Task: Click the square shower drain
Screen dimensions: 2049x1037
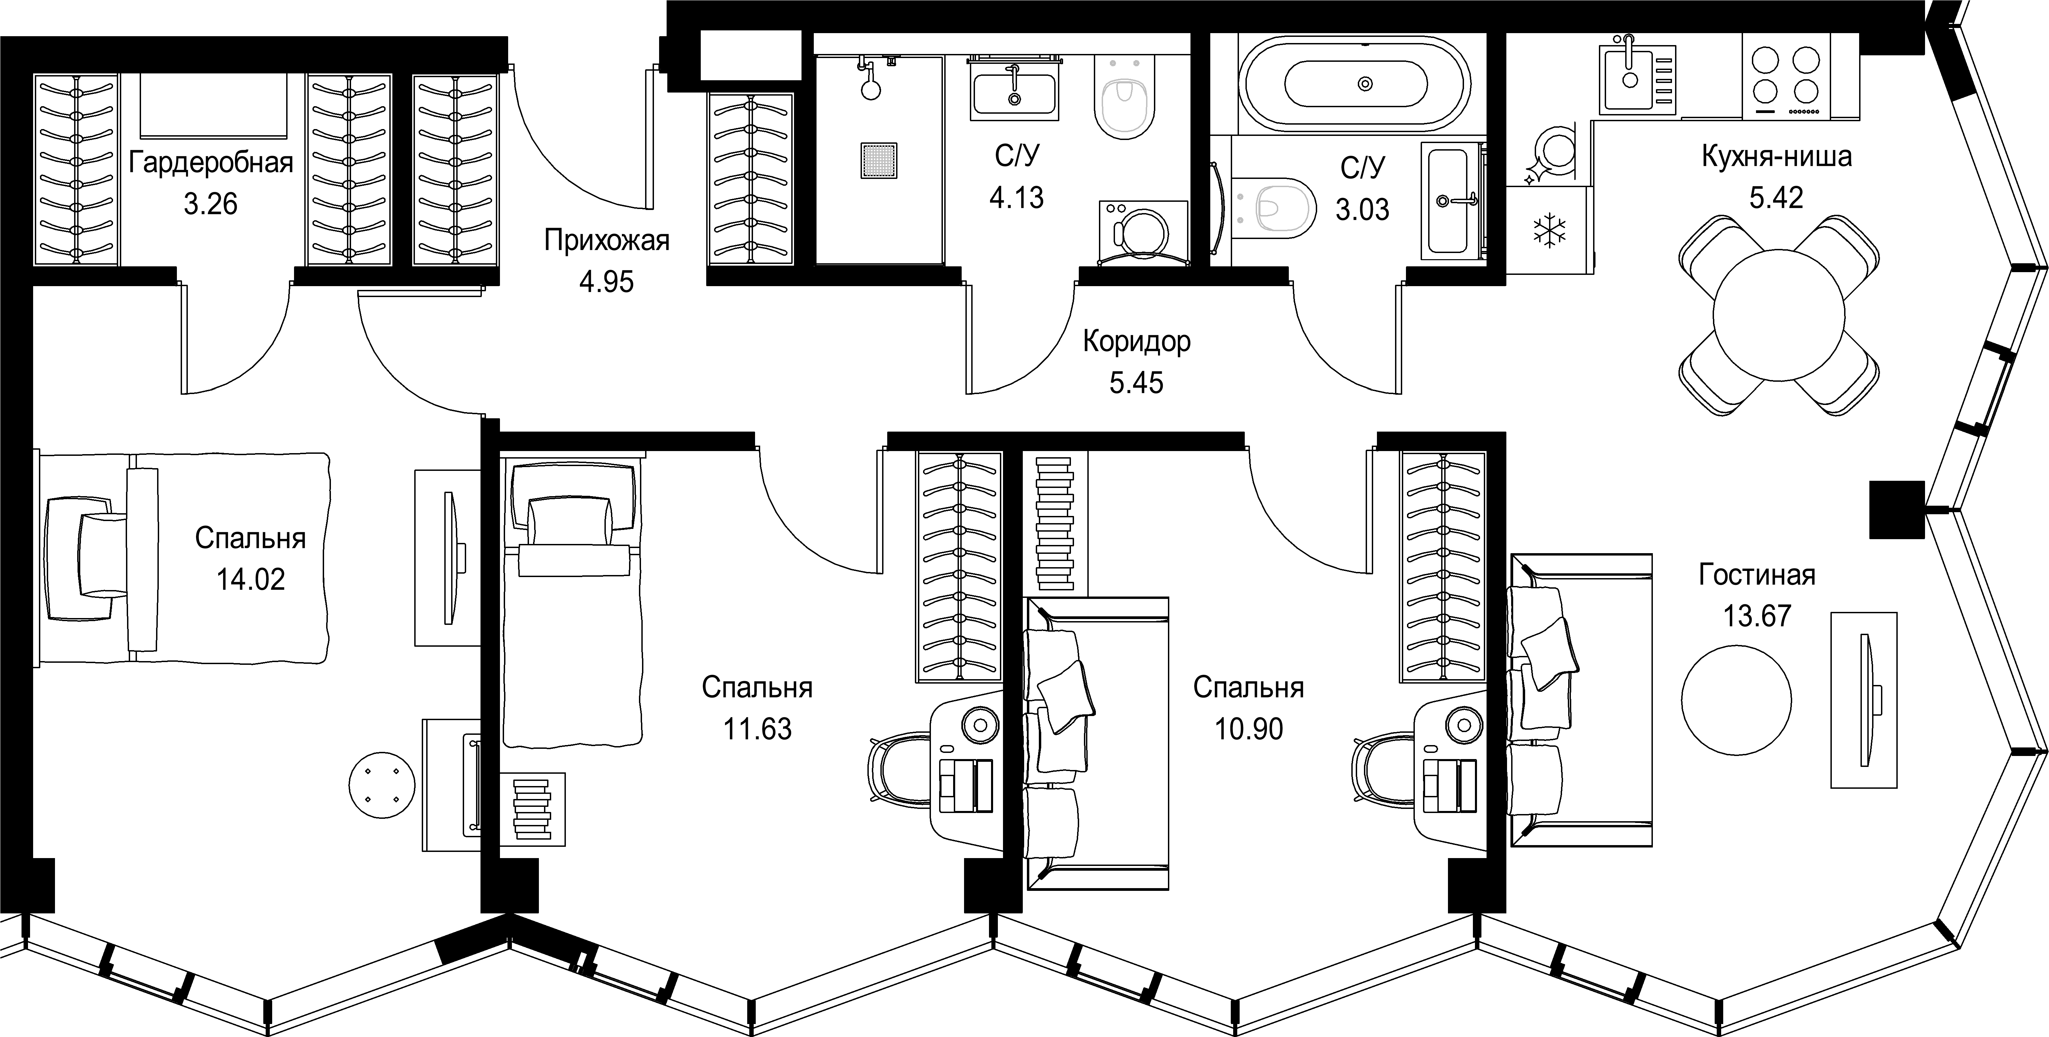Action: pyautogui.click(x=878, y=160)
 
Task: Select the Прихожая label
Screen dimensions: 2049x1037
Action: pyautogui.click(x=607, y=240)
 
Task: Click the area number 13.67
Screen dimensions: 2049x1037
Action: pyautogui.click(x=1757, y=616)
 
